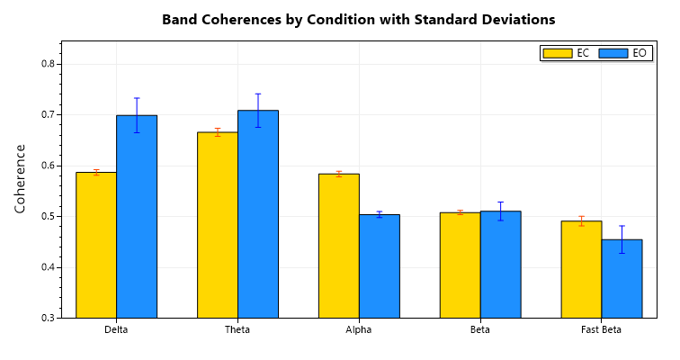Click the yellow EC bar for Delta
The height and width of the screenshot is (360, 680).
point(96,245)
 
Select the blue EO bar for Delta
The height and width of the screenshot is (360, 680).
point(137,217)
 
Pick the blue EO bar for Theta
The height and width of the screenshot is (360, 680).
point(258,214)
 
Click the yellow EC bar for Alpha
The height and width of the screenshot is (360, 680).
point(339,246)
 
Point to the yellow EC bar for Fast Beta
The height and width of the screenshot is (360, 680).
point(582,269)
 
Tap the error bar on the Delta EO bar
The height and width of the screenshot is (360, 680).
point(137,115)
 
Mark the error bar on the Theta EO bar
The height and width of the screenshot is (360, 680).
point(258,110)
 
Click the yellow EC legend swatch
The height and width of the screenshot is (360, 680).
point(558,53)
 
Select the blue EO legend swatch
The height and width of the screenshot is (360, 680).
point(613,53)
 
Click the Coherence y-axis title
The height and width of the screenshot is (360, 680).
point(21,178)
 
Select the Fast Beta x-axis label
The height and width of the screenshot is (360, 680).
point(602,330)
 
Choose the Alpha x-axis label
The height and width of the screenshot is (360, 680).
point(359,330)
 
